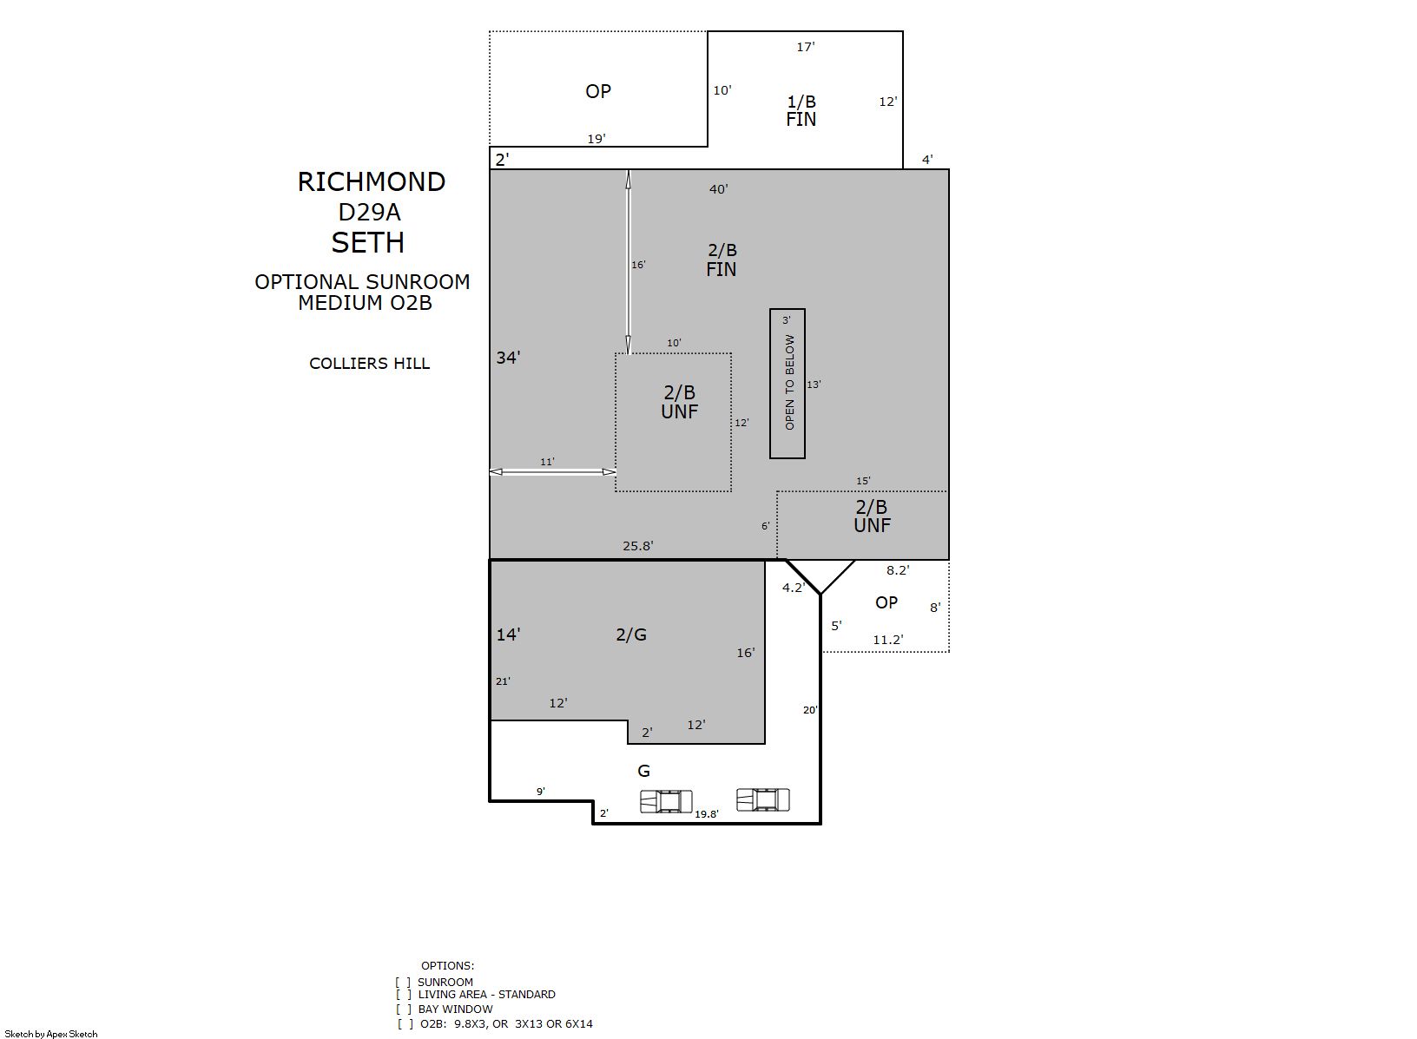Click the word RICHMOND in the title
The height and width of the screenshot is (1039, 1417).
click(372, 182)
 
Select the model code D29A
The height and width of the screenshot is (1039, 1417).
click(369, 213)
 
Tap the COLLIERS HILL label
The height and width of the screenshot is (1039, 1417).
click(369, 364)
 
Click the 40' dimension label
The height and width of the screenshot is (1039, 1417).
click(719, 189)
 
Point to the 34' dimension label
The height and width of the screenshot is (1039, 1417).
click(508, 358)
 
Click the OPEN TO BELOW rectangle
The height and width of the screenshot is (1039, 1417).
click(788, 383)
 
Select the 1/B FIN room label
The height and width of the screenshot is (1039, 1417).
click(801, 110)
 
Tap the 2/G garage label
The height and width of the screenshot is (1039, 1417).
click(631, 635)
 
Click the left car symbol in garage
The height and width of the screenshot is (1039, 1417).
click(666, 802)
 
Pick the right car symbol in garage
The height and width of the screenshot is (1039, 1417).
click(763, 800)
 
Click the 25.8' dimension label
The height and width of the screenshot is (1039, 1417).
click(637, 546)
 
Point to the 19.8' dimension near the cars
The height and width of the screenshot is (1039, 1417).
click(707, 814)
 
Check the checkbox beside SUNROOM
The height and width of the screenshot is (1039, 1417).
click(403, 982)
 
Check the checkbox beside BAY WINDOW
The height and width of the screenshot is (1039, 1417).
click(405, 1009)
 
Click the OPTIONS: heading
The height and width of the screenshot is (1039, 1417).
click(447, 965)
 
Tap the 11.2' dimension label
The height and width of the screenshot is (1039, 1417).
click(888, 640)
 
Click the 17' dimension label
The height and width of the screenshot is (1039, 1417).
click(805, 47)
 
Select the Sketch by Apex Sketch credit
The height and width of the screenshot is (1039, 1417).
click(51, 1034)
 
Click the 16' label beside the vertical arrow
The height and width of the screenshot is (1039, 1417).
click(638, 265)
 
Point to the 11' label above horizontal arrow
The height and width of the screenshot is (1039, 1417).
click(547, 462)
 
